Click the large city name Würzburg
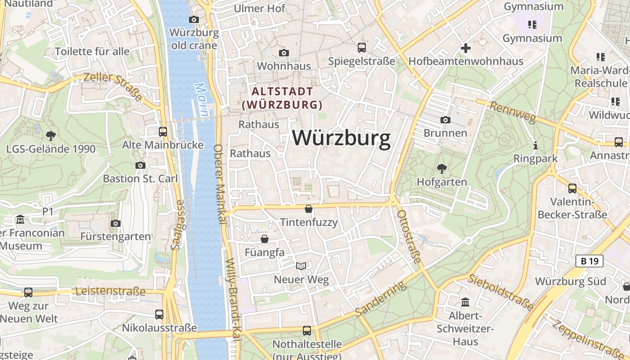[x=342, y=138]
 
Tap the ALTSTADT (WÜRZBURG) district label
[x=282, y=98]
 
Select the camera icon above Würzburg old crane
[x=194, y=19]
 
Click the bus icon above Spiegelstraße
[x=361, y=47]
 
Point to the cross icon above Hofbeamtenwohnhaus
[x=466, y=48]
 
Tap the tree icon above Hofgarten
[x=441, y=169]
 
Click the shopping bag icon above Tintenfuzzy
[x=309, y=209]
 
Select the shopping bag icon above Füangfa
[x=265, y=238]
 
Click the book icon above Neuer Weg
[x=301, y=266]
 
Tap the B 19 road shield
[x=589, y=261]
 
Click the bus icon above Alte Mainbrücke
[x=163, y=131]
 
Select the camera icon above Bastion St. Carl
[x=140, y=165]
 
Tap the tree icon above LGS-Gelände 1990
[x=51, y=135]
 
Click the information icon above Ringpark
[x=535, y=145]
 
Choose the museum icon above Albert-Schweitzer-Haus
[x=465, y=302]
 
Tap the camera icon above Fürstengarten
[x=116, y=223]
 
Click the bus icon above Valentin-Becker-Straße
[x=572, y=188]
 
